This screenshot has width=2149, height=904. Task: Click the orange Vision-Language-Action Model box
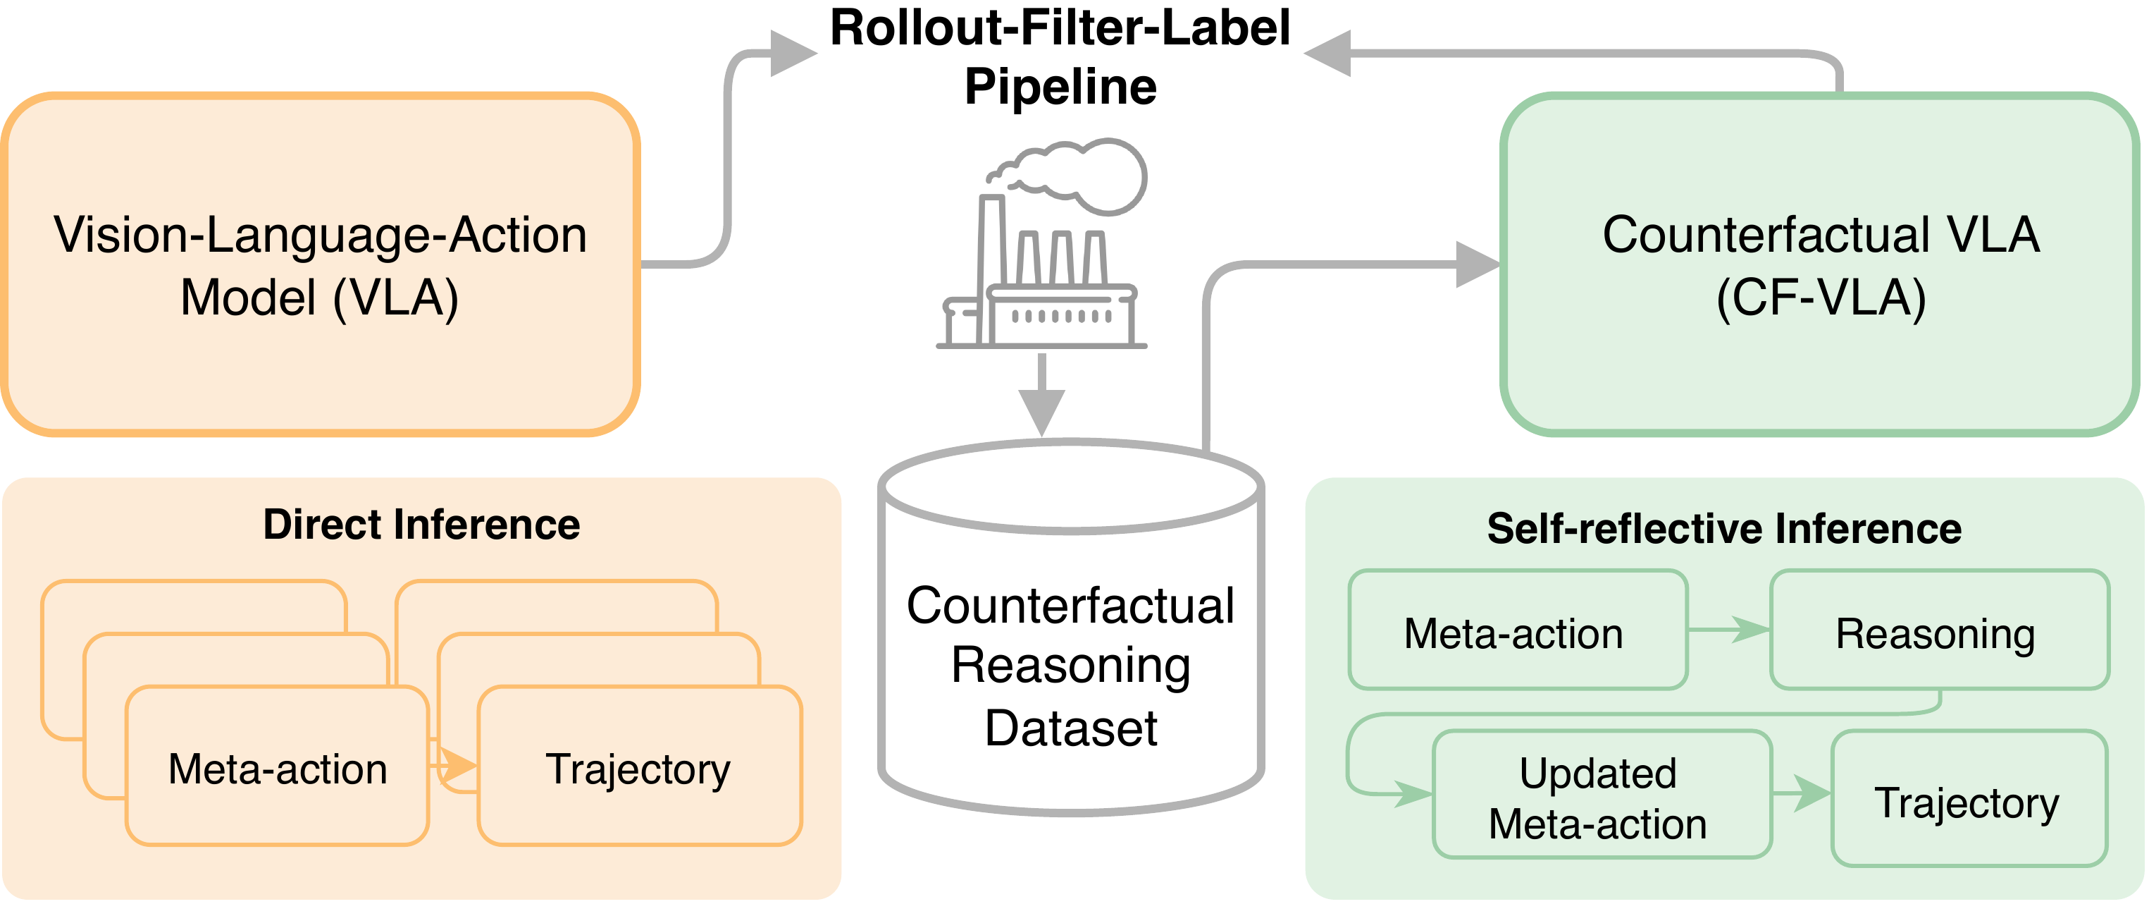pos(321,264)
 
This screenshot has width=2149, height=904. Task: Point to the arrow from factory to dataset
pos(1041,396)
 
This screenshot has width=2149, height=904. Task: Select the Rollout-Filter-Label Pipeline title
pos(1060,56)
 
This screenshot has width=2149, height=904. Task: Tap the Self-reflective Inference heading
pos(1723,528)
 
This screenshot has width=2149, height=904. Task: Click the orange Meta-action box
pos(277,768)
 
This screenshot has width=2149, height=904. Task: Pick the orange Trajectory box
pos(638,768)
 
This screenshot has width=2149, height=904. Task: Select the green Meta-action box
pos(1513,633)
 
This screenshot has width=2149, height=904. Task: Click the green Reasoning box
pos(1936,633)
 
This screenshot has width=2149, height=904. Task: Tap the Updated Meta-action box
pos(1597,797)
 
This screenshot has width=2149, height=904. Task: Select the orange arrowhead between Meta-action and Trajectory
pos(458,764)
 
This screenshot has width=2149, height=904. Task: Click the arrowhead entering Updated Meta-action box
pos(1413,793)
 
